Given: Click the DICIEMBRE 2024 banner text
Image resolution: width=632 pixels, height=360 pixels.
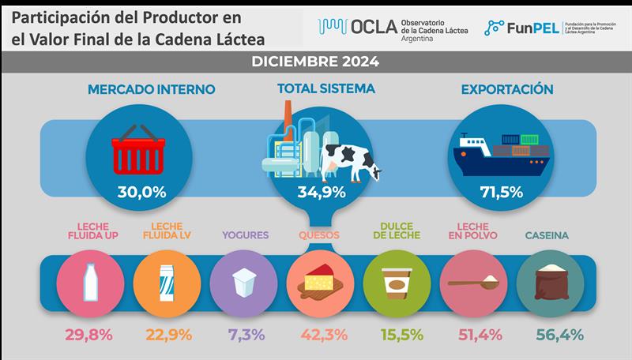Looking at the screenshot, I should (x=315, y=61).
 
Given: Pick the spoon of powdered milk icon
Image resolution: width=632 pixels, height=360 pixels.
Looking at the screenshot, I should (x=472, y=281).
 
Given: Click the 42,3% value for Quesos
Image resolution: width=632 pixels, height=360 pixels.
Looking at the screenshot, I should (x=319, y=334).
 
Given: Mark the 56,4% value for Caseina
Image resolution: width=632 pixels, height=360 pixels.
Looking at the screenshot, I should (x=548, y=334).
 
